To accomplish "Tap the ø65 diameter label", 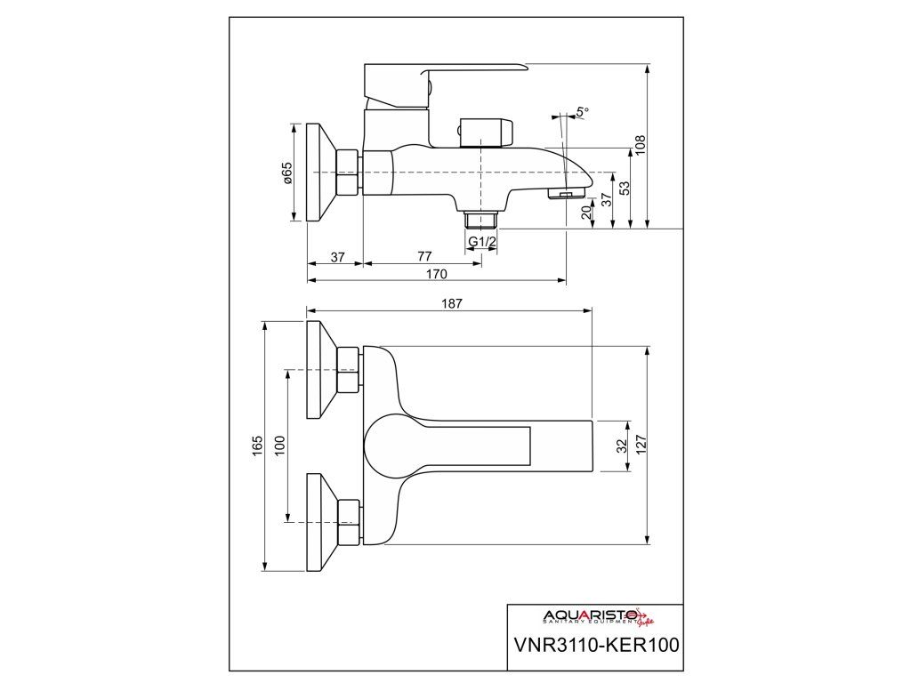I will pos(287,173).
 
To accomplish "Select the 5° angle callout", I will pos(582,112).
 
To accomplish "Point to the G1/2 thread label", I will pos(481,241).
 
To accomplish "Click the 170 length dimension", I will pos(435,274).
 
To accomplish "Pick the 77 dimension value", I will pos(423,257).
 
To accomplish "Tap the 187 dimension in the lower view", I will pos(451,303).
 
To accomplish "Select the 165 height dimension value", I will pos(257,445).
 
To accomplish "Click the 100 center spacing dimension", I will pos(279,445).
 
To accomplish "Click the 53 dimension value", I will pos(625,189).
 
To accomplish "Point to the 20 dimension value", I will pos(586,213).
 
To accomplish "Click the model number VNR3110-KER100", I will pos(595,644).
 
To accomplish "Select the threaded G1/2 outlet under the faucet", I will pos(481,220).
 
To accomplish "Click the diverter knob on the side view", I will pos(486,131).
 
